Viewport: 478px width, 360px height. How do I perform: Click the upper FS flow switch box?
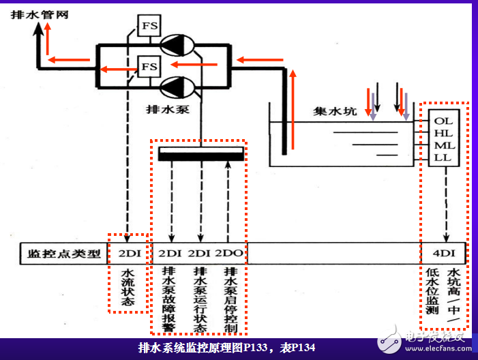pos(149,27)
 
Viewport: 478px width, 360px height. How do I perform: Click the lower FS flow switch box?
pos(149,67)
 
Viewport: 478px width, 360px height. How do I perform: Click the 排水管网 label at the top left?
pos(40,14)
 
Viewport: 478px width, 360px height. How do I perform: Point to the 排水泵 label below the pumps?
pos(163,108)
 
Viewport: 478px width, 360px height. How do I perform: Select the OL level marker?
pos(443,121)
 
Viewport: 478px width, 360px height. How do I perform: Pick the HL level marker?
pos(443,133)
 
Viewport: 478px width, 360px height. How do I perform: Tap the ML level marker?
pos(443,145)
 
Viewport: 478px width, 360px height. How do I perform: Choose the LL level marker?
pos(443,157)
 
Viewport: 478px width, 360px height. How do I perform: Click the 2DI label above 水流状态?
pos(129,254)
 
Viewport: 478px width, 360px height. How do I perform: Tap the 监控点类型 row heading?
pos(63,254)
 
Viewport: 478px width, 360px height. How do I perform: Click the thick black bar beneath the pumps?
pos(200,153)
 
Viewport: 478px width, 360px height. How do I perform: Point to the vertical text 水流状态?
pos(128,286)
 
